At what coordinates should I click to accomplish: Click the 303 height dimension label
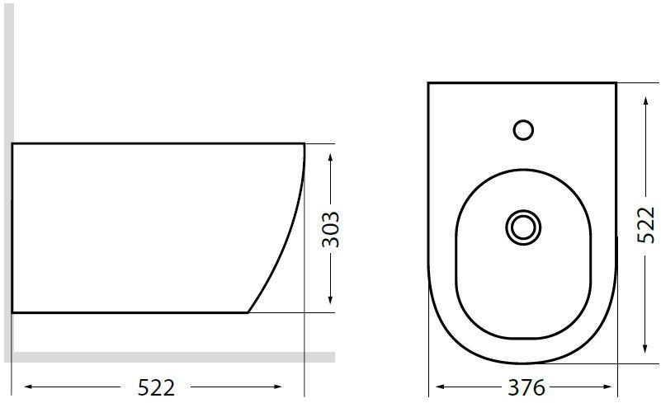pyautogui.click(x=330, y=229)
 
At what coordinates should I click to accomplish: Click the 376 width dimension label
pyautogui.click(x=526, y=387)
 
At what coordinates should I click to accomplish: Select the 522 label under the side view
pyautogui.click(x=156, y=387)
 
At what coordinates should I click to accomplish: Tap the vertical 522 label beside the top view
pyautogui.click(x=645, y=225)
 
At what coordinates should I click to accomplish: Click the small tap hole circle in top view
pyautogui.click(x=523, y=129)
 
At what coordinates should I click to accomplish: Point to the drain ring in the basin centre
pyautogui.click(x=523, y=227)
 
